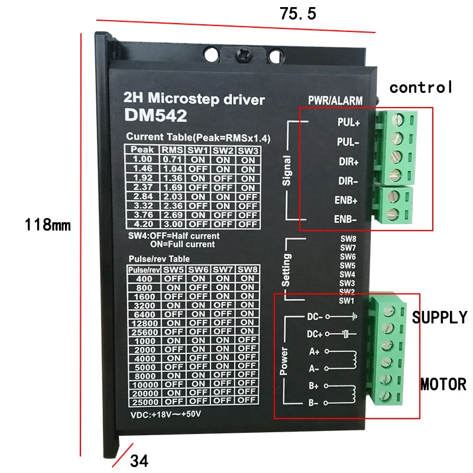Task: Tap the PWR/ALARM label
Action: pyautogui.click(x=335, y=101)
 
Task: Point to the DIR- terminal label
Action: pyautogui.click(x=347, y=180)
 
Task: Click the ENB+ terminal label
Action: pyautogui.click(x=347, y=200)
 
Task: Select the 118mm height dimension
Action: pyautogui.click(x=47, y=225)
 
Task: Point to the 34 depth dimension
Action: pyautogui.click(x=140, y=459)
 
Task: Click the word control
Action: pyautogui.click(x=421, y=88)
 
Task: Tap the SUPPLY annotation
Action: pyautogui.click(x=439, y=318)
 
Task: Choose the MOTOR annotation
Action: pyautogui.click(x=443, y=384)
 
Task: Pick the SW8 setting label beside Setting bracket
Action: pyautogui.click(x=348, y=239)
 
